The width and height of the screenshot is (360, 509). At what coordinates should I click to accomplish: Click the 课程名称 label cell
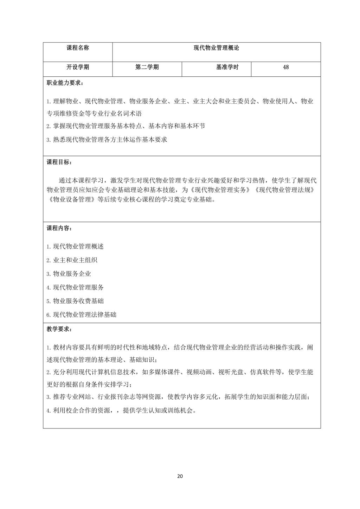pyautogui.click(x=78, y=48)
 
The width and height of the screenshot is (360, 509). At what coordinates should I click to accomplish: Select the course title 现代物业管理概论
pyautogui.click(x=216, y=48)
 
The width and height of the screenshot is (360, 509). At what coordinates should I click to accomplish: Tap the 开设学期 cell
pyautogui.click(x=78, y=67)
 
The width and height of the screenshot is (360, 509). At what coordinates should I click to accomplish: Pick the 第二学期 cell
pyautogui.click(x=147, y=67)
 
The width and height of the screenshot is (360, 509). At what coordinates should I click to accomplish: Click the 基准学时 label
pyautogui.click(x=227, y=67)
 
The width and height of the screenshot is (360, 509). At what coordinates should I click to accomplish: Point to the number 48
pyautogui.click(x=286, y=67)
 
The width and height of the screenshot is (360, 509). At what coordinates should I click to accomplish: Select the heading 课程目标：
pyautogui.click(x=60, y=162)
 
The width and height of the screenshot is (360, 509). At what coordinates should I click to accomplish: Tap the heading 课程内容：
pyautogui.click(x=60, y=228)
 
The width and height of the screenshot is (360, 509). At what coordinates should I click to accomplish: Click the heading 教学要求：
pyautogui.click(x=60, y=329)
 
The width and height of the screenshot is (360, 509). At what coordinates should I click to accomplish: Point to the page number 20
pyautogui.click(x=180, y=476)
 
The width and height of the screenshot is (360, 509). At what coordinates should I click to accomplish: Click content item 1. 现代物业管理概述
pyautogui.click(x=75, y=247)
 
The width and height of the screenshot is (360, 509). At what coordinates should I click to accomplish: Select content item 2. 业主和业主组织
pyautogui.click(x=72, y=260)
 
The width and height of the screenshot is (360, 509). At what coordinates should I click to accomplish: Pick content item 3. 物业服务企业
pyautogui.click(x=69, y=274)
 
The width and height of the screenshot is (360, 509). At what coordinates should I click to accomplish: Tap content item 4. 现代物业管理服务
pyautogui.click(x=75, y=287)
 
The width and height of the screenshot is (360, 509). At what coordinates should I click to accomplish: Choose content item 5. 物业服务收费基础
pyautogui.click(x=75, y=301)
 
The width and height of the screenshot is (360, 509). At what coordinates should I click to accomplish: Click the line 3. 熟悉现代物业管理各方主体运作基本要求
pyautogui.click(x=107, y=140)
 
